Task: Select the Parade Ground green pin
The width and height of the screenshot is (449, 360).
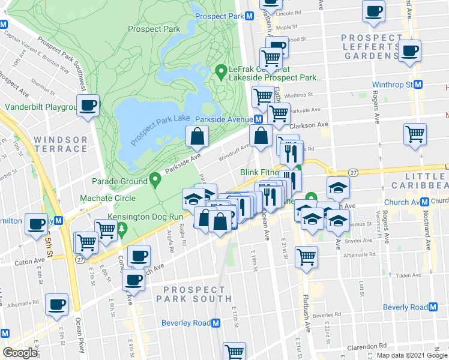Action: tap(155, 179)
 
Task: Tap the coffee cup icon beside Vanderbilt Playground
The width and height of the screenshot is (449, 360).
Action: tap(88, 106)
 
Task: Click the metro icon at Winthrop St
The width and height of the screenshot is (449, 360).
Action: tap(419, 85)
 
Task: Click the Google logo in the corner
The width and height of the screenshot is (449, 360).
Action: tap(20, 353)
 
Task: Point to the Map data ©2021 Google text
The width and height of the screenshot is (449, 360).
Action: tap(412, 355)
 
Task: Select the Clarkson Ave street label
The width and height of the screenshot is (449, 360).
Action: tap(309, 125)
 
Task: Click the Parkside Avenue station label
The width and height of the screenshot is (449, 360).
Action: tap(223, 119)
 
